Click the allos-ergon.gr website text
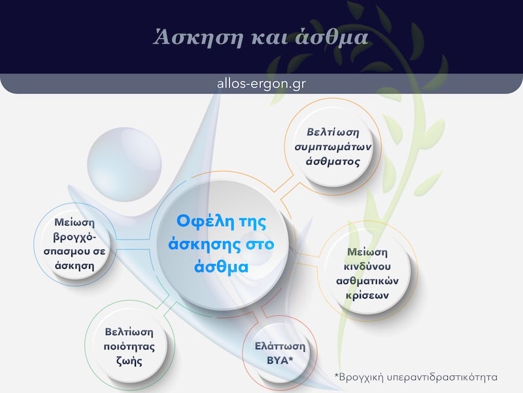point(261,84)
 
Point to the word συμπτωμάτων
point(333,146)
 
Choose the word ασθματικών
point(369,280)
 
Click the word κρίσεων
point(369,295)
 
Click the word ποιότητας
point(131,346)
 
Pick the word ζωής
point(131,361)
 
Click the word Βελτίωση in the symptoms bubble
point(333,132)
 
